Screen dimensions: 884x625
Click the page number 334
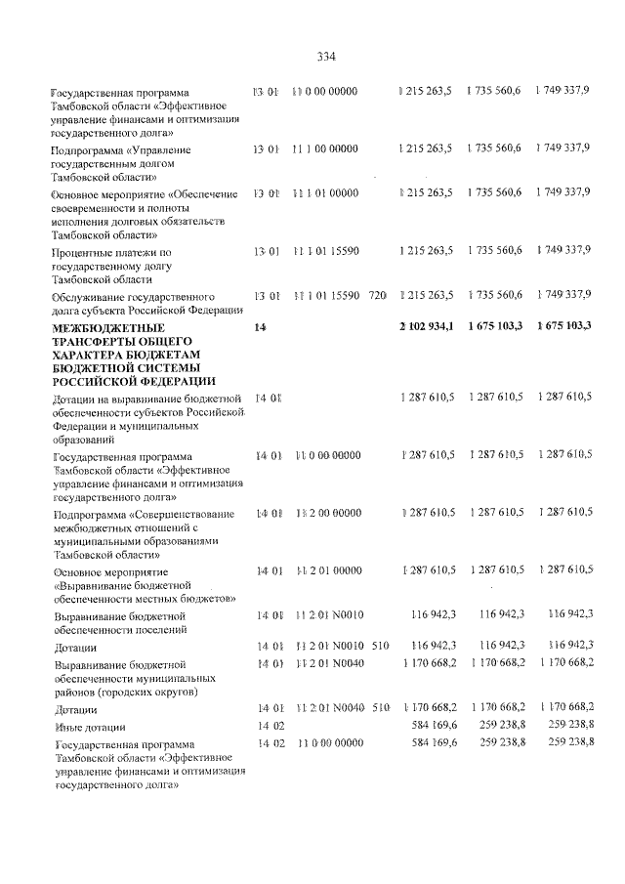326,56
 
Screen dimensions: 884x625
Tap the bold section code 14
260,326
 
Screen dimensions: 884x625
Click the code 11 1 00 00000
325,148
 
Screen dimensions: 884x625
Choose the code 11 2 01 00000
325,569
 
